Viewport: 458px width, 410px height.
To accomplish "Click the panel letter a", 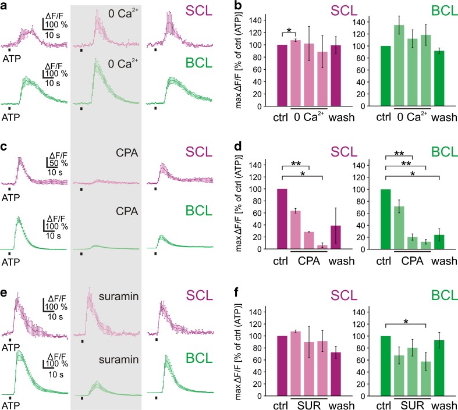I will click(5, 6).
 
